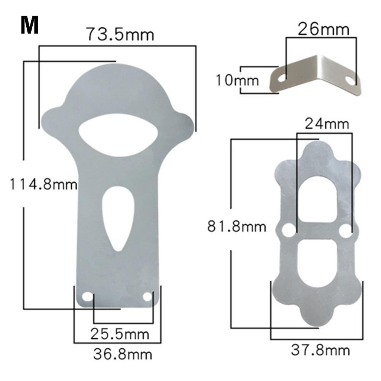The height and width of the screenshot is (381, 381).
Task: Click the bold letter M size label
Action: coord(30,26)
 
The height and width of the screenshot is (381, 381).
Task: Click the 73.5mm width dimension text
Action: coord(120,35)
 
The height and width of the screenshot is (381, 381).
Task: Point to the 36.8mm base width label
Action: coord(123,354)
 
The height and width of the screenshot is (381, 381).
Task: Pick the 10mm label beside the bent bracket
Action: coord(237,80)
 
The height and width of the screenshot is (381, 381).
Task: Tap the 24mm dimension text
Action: coord(326,124)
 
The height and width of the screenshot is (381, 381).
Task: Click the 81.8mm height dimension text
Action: coord(236,227)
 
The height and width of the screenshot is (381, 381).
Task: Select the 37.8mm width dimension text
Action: coord(320,350)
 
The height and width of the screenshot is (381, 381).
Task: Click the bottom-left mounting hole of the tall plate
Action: coord(88,297)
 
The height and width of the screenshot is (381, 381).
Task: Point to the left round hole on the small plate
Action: coord(289,230)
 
